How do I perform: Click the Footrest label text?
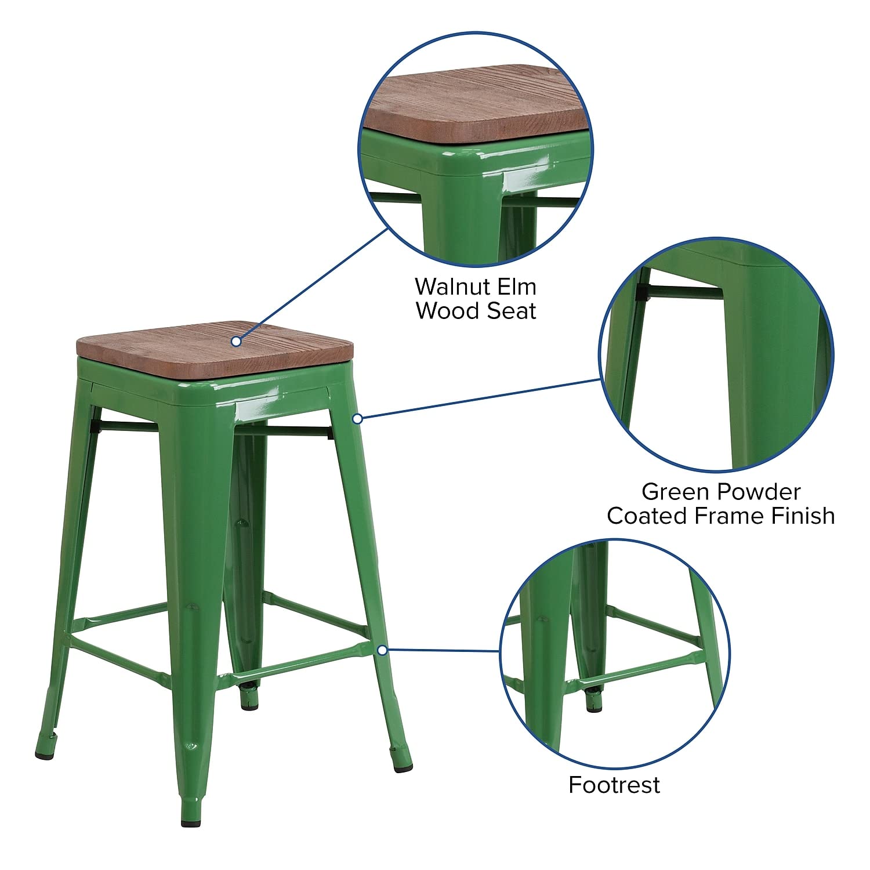click(614, 785)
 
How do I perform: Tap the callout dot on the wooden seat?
click(236, 341)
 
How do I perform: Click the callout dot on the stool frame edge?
click(358, 418)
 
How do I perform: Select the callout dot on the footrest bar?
click(382, 650)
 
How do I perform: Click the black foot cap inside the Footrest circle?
click(593, 708)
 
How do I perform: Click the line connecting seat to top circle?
click(313, 284)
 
